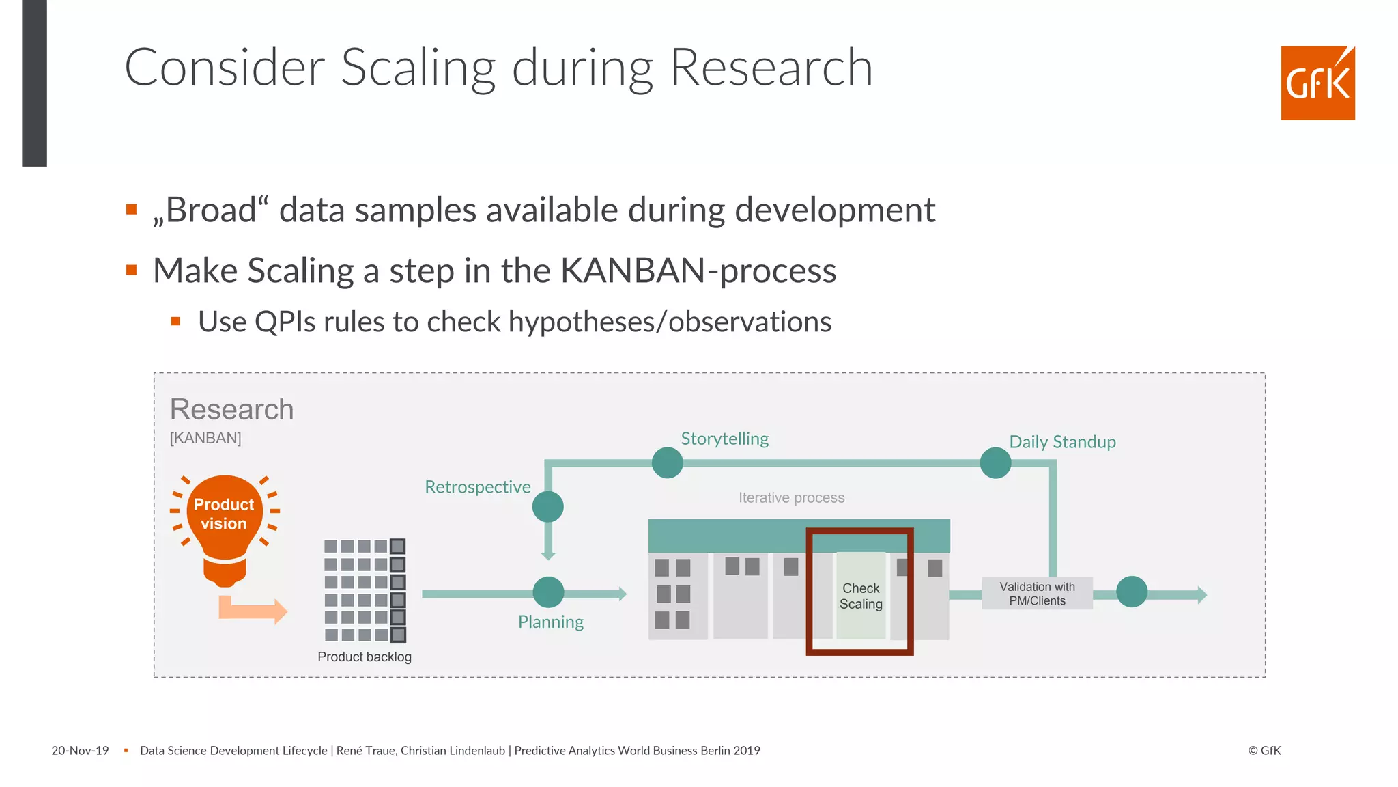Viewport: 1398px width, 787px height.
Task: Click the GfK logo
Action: [x=1317, y=83]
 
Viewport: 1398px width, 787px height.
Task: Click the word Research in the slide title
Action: [x=771, y=68]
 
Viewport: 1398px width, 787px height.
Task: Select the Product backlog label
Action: [x=365, y=657]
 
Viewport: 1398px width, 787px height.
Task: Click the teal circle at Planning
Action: [x=548, y=592]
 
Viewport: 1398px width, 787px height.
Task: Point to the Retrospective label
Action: [x=477, y=487]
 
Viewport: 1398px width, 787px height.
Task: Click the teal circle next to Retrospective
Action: [x=547, y=507]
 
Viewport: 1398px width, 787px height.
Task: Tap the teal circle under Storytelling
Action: [x=667, y=463]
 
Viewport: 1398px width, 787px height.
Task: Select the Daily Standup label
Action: [x=1062, y=442]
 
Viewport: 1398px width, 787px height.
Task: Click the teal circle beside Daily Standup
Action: [x=995, y=463]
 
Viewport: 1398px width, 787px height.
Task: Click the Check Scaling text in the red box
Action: [x=861, y=596]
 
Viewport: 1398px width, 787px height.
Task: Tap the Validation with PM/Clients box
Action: [x=1037, y=594]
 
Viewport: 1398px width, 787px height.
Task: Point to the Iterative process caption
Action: [x=791, y=498]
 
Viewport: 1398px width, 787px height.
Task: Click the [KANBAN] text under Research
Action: [x=205, y=438]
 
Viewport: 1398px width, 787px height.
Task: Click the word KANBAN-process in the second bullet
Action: [x=698, y=271]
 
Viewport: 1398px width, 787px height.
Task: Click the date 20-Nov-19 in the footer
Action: [x=80, y=751]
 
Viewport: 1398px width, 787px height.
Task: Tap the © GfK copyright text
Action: [x=1264, y=751]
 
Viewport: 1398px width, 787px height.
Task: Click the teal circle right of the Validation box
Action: [x=1131, y=592]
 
